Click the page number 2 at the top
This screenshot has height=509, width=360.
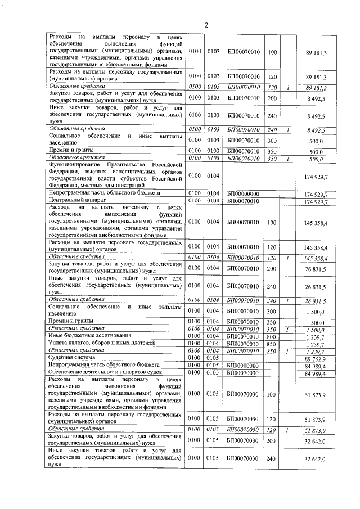206,25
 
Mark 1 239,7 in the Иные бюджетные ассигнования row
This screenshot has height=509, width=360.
319,336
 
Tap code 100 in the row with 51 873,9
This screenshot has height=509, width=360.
272,394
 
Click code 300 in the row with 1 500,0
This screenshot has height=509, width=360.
272,310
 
